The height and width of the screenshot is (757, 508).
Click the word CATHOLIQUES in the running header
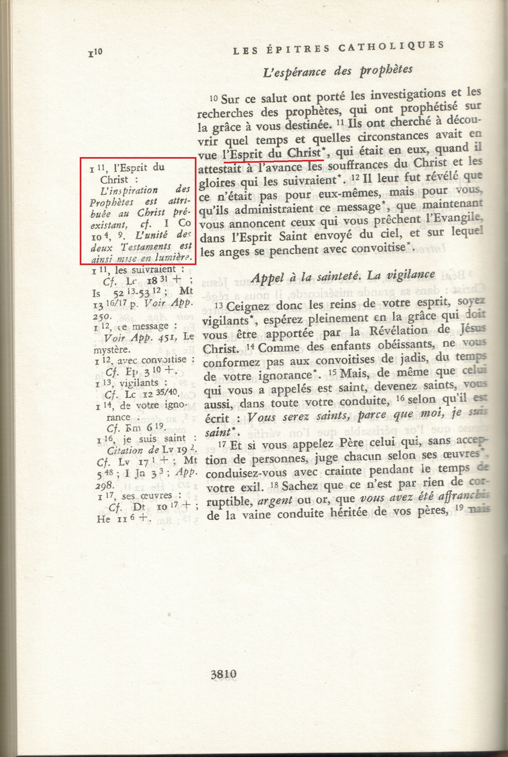[x=391, y=47]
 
